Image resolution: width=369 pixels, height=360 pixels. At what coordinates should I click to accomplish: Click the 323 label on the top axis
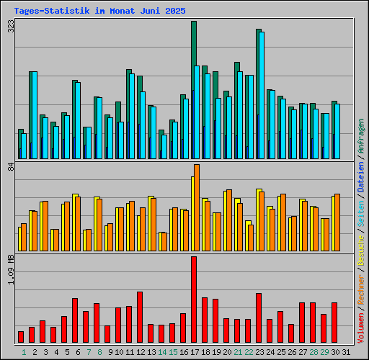(x=11, y=27)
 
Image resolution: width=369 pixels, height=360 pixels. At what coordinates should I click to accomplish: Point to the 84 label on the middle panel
(x=11, y=167)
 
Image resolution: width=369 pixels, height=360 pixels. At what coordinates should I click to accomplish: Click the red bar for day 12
(x=140, y=318)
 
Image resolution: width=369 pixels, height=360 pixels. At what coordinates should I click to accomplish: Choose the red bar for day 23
(x=259, y=318)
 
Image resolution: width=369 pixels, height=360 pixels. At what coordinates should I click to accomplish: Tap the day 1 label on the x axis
(x=23, y=352)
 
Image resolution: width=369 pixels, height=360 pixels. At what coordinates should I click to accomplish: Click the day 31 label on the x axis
(x=347, y=352)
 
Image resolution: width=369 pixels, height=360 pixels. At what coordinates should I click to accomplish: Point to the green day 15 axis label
(x=173, y=352)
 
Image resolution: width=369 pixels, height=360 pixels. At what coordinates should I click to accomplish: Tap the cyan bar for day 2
(x=34, y=115)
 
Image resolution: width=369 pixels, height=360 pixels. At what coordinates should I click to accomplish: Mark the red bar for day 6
(x=75, y=320)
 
